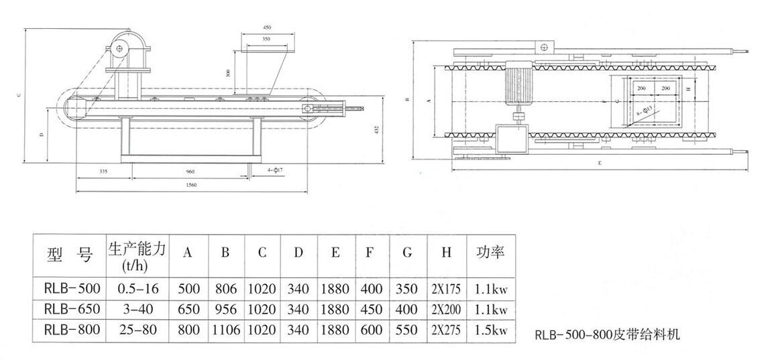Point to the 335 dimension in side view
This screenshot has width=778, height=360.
click(102, 172)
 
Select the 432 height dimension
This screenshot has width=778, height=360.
click(377, 128)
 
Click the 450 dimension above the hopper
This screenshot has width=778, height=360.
click(267, 27)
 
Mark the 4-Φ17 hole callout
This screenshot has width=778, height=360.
click(274, 172)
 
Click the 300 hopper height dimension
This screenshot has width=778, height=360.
click(229, 72)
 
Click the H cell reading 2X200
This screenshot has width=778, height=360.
click(446, 309)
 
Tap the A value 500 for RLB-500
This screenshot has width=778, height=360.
click(188, 289)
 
